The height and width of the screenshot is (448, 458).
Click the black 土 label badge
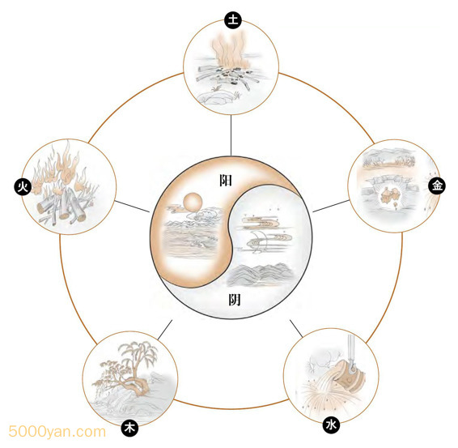[x=233, y=20]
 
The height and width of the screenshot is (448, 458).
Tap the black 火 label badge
[x=23, y=187]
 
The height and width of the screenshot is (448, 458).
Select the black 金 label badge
[x=437, y=185]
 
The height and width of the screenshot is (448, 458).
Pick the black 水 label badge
[x=331, y=425]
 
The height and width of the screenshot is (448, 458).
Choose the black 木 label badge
[x=129, y=429]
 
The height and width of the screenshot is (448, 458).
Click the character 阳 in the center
[x=226, y=181]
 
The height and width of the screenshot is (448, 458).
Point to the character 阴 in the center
[x=234, y=300]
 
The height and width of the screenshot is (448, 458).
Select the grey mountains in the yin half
[x=260, y=275]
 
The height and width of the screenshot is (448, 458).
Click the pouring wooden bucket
[x=350, y=377]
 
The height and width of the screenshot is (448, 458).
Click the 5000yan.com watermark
[x=57, y=432]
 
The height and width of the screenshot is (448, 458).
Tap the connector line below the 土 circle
[x=231, y=135]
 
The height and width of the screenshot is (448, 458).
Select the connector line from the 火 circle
[x=132, y=207]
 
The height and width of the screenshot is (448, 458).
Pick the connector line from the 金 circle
[x=331, y=206]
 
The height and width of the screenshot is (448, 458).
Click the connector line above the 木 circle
[x=165, y=330]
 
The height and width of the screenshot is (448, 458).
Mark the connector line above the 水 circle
[x=296, y=328]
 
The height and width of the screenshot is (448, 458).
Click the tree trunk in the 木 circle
[x=137, y=380]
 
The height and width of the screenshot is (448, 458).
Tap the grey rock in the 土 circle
[x=214, y=97]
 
